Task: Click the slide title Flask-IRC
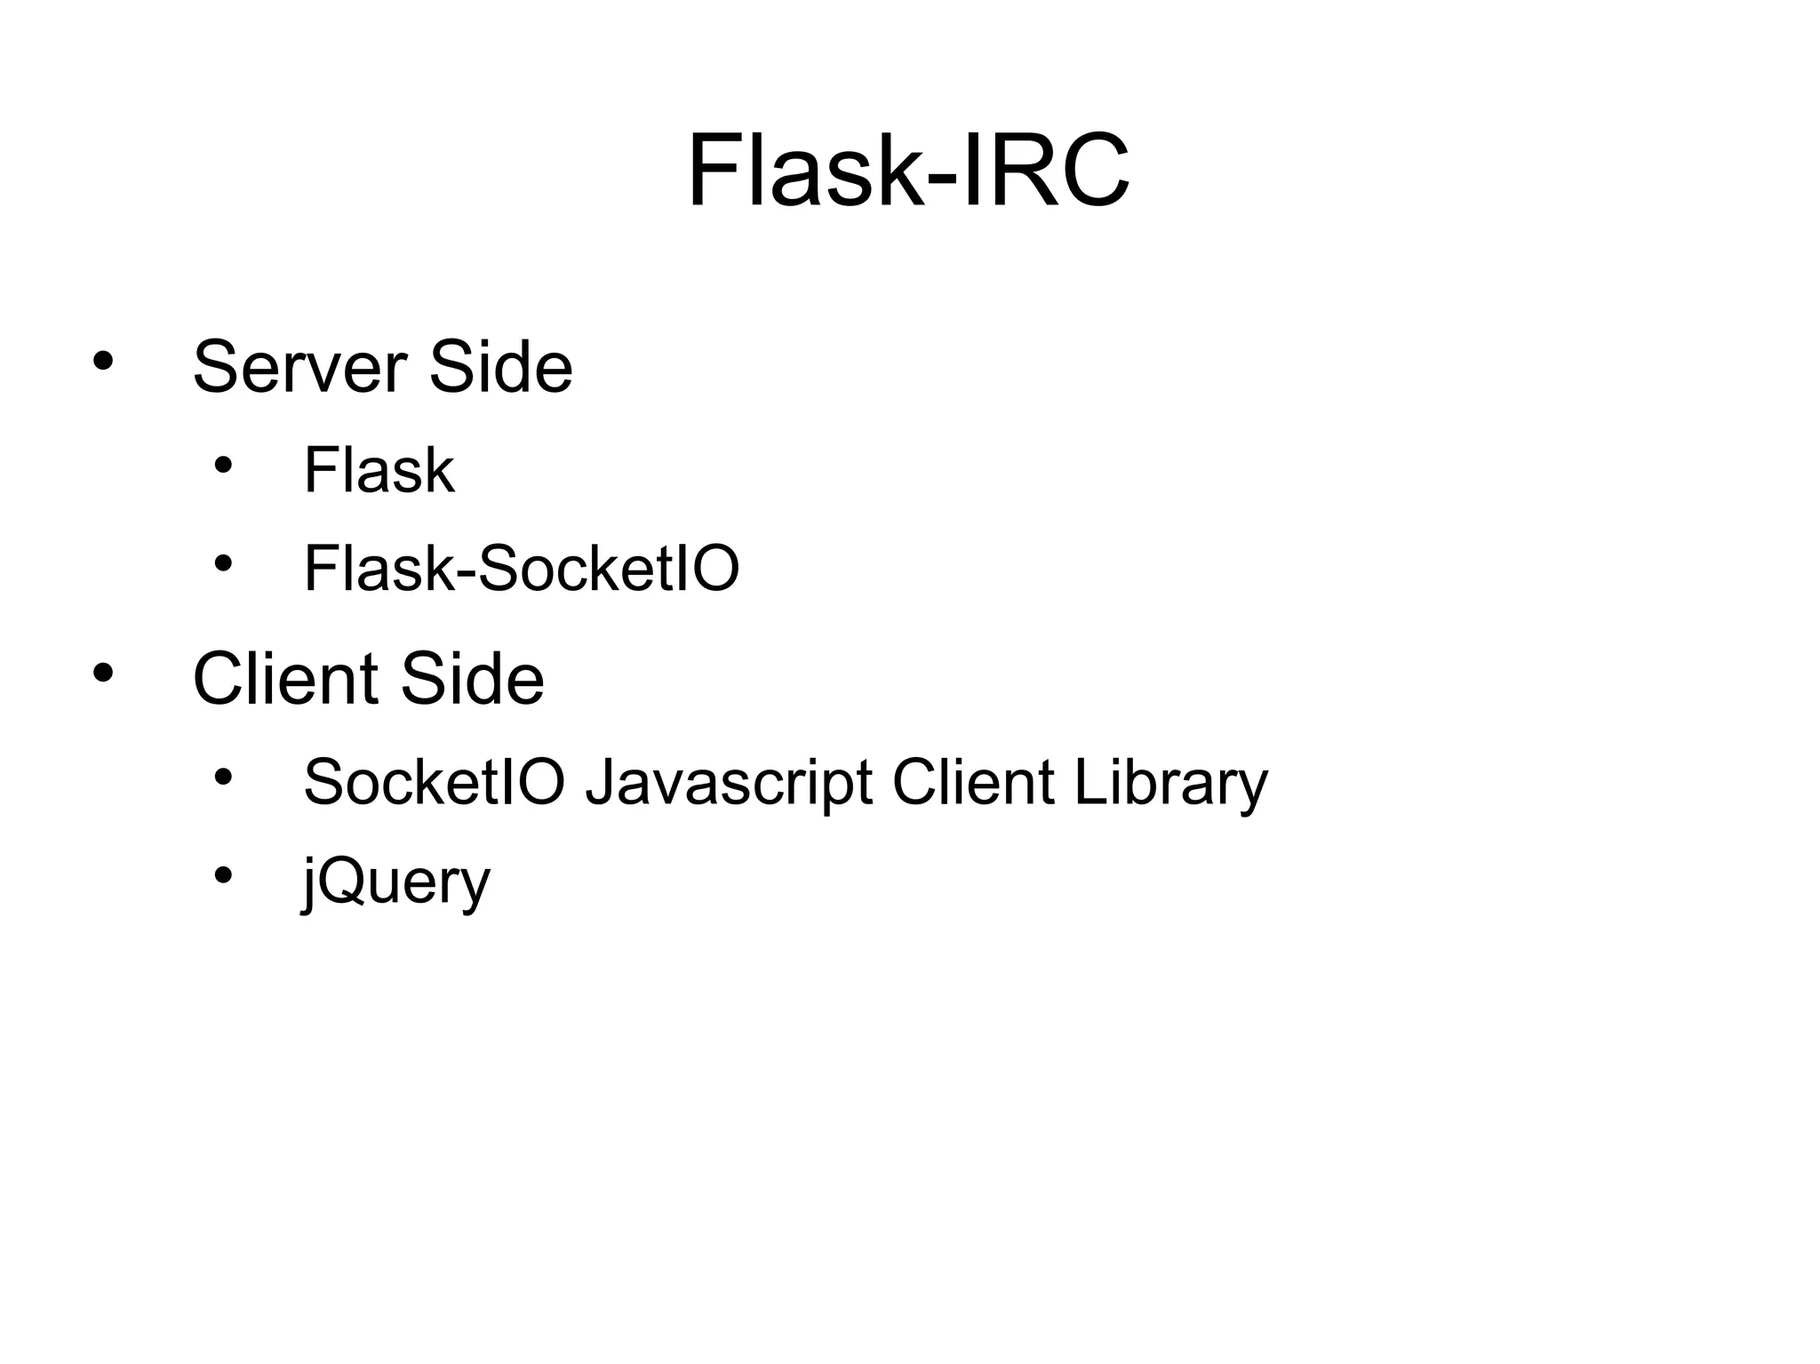[x=908, y=171]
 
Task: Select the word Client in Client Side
[x=288, y=679]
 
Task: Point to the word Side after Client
[x=472, y=679]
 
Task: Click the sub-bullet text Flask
[x=379, y=470]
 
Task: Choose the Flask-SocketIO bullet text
[x=522, y=569]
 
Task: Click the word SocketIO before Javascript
[x=435, y=782]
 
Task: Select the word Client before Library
[x=973, y=782]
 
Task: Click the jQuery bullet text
[x=396, y=882]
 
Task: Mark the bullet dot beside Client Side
[x=103, y=673]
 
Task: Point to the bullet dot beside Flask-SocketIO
[x=222, y=562]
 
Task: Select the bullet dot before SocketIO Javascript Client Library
[x=222, y=777]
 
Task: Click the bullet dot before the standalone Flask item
[x=222, y=464]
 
